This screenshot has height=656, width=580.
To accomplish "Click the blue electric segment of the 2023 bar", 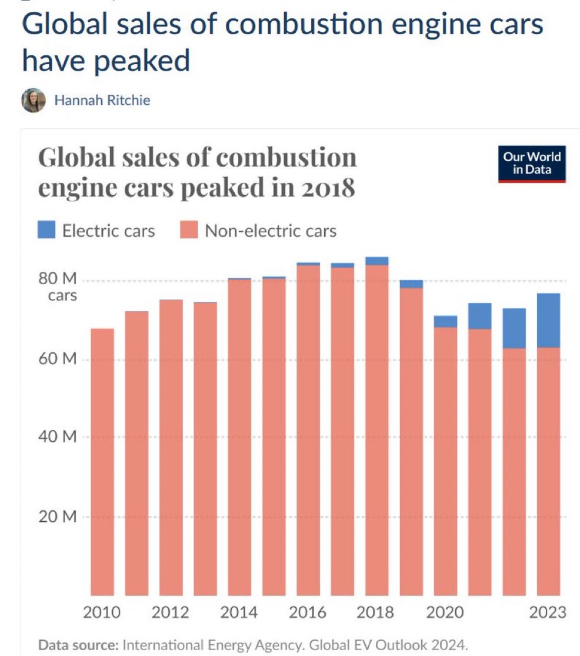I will (549, 320).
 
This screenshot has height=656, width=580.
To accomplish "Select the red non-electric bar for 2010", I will (102, 462).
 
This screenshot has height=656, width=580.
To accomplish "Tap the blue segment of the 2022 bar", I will (514, 328).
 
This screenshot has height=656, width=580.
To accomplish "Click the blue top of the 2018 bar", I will (377, 261).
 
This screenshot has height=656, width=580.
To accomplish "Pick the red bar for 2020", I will (445, 462).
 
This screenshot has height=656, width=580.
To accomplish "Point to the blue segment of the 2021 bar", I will (480, 316).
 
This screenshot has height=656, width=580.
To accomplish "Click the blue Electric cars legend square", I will (46, 230).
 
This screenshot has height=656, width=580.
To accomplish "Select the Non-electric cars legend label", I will (270, 231).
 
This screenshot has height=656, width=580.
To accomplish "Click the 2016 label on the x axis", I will (308, 612).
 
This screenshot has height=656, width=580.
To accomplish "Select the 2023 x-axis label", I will (548, 612).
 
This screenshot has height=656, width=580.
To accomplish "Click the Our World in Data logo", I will (532, 164).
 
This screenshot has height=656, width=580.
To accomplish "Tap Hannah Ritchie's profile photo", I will (34, 101).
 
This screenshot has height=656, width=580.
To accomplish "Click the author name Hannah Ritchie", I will (102, 101).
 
